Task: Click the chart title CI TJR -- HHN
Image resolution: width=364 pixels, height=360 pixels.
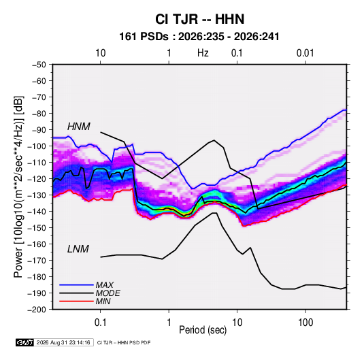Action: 199,19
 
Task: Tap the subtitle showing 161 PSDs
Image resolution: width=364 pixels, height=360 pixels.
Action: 199,37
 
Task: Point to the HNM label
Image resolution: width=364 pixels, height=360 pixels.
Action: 79,127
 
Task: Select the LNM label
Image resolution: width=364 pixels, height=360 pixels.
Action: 78,249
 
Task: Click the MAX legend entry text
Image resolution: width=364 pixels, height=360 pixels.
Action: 105,285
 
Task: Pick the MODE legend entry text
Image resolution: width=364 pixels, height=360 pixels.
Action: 107,293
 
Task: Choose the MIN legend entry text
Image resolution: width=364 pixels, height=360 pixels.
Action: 103,301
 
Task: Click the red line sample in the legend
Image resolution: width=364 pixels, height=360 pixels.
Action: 76,301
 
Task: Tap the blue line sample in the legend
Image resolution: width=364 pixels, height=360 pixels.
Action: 76,284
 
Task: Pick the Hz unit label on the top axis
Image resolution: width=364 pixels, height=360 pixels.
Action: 203,53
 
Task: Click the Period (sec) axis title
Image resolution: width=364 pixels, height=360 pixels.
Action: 203,330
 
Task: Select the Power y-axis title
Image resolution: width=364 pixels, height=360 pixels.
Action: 18,187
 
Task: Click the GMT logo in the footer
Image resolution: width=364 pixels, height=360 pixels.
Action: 24,342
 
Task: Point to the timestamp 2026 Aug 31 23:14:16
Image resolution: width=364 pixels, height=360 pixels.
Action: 63,342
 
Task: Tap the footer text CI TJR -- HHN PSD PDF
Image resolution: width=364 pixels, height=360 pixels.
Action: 124,343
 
